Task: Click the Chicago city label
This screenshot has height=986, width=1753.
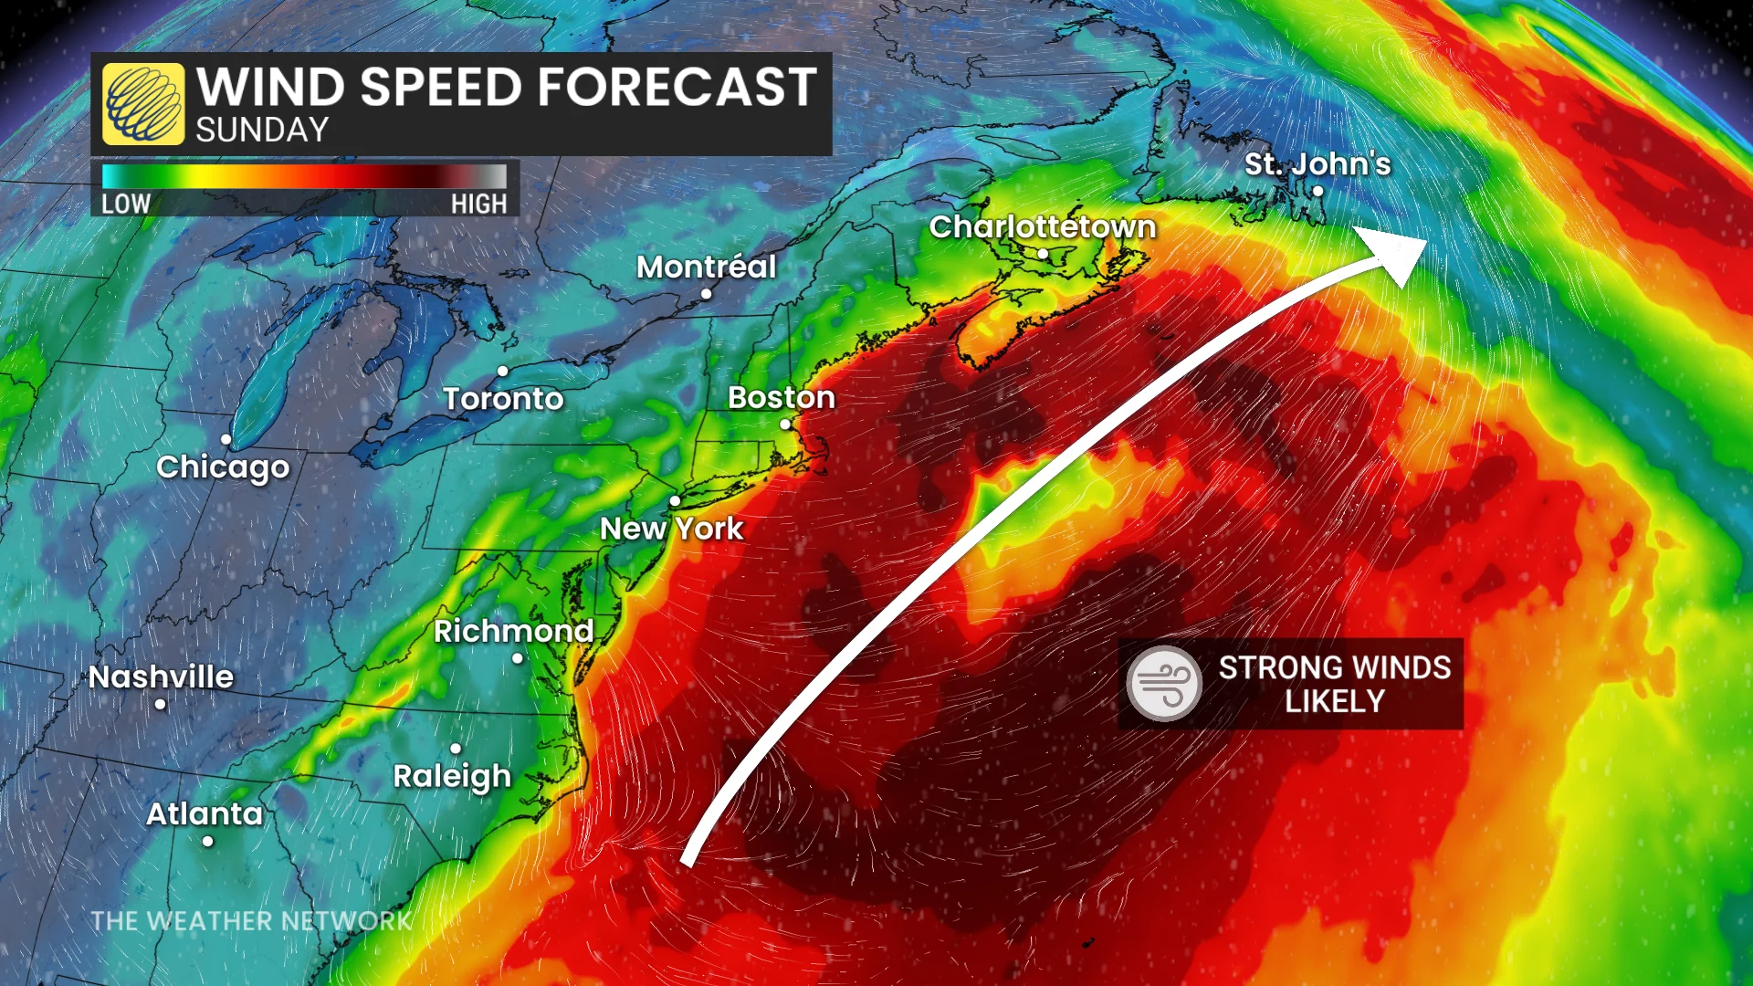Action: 223,467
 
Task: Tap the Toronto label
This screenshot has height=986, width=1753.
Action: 503,399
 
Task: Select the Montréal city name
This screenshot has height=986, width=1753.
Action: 706,267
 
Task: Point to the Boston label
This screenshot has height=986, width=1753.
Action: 782,398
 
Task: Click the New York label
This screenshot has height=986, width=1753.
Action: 671,529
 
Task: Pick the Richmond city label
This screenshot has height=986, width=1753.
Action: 513,631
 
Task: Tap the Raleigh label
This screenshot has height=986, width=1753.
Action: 452,777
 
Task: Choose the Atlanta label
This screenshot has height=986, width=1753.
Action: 205,813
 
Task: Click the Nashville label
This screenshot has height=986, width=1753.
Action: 161,677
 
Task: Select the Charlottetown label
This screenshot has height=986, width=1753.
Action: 1043,226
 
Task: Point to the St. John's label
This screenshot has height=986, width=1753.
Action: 1317,164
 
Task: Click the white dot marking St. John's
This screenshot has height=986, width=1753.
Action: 1317,191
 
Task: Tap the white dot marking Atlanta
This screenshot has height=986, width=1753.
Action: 208,841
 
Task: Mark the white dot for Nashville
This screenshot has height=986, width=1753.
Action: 161,704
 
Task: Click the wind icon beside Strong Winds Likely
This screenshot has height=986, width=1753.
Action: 1164,683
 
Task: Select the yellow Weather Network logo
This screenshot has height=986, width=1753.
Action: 143,104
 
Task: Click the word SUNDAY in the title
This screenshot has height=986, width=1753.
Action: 262,131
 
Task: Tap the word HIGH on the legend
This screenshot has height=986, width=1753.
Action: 478,204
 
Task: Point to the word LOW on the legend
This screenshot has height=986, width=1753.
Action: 126,204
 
